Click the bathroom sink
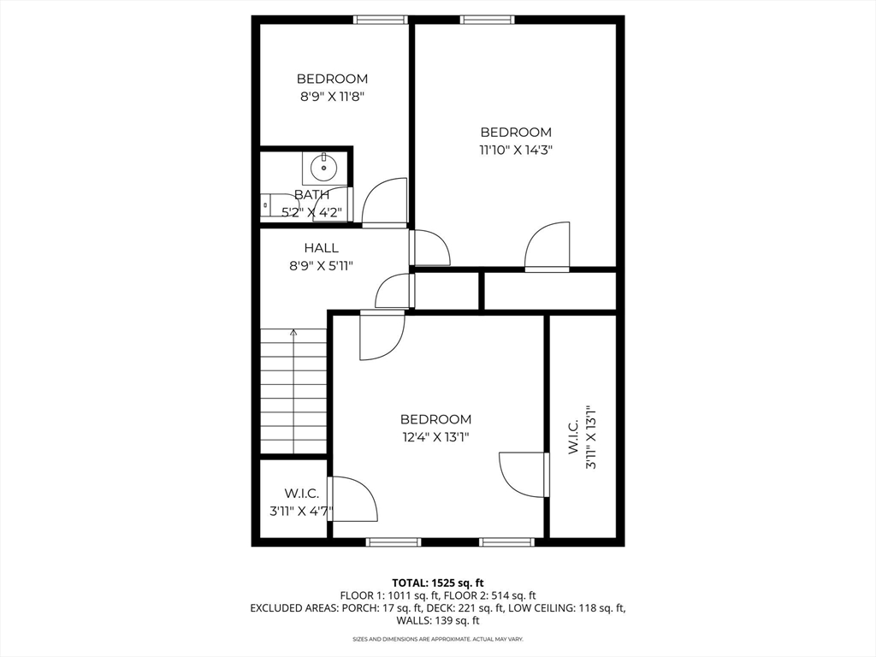click(x=323, y=167)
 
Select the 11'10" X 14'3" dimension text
click(x=516, y=150)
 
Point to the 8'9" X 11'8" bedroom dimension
click(x=333, y=96)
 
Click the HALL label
click(x=322, y=247)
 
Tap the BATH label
click(x=311, y=194)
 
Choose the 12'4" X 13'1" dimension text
click(x=435, y=436)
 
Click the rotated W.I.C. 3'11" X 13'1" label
click(x=582, y=437)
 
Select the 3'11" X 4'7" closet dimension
click(x=302, y=511)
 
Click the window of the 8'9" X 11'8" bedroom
click(x=381, y=20)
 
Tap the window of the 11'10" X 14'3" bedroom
click(x=487, y=20)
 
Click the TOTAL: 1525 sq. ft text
click(x=438, y=583)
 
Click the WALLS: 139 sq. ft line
click(x=438, y=621)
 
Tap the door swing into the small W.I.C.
click(x=353, y=499)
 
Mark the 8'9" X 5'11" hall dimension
click(x=322, y=266)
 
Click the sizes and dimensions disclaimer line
click(x=438, y=639)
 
